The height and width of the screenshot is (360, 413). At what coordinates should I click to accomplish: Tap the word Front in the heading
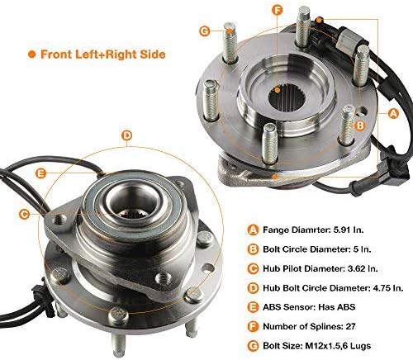58,54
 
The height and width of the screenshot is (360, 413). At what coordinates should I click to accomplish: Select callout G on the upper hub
204,32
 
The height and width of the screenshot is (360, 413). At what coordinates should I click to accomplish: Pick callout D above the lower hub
126,135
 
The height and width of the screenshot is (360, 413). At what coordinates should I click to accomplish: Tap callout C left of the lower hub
24,214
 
